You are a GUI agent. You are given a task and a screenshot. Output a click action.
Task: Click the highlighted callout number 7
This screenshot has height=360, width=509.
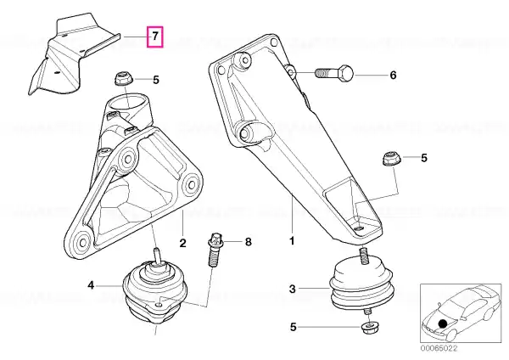point(155,36)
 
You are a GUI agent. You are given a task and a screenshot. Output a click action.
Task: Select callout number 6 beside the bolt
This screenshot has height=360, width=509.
point(393,76)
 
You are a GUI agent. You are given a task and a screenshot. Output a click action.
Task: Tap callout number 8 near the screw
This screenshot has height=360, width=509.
point(248,242)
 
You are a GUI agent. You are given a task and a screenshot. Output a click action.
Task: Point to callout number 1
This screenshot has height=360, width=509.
point(292,241)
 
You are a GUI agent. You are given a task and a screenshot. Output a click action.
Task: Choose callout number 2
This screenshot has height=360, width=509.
point(182,243)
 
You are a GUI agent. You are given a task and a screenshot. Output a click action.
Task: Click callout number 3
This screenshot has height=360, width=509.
point(293,289)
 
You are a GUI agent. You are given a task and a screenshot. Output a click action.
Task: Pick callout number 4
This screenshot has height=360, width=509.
point(91,285)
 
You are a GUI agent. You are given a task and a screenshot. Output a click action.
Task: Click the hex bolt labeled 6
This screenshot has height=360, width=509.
point(334,74)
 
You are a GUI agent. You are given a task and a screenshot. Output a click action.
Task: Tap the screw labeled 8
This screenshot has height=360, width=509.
point(215,250)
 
